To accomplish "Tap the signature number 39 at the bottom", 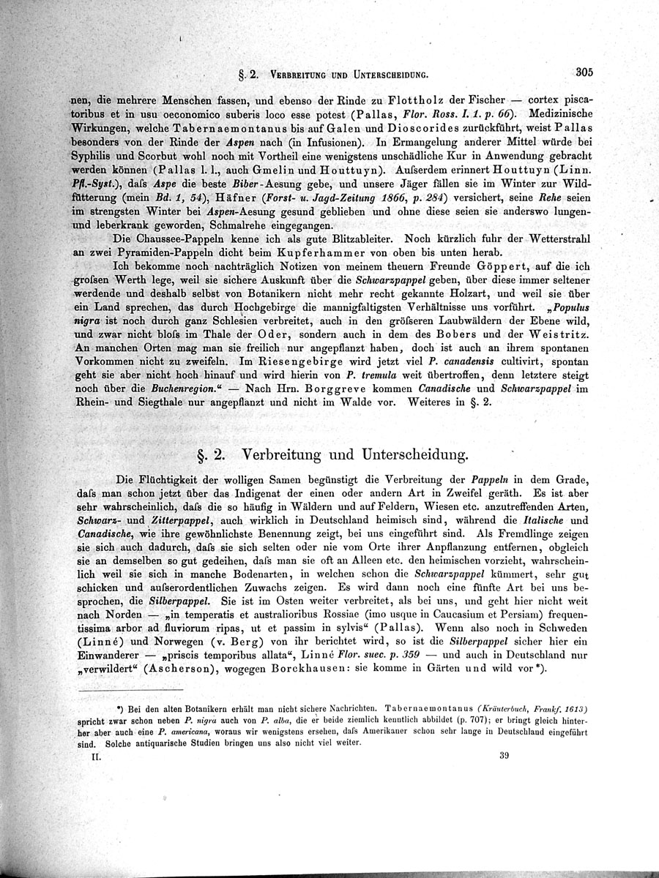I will [504, 757].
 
